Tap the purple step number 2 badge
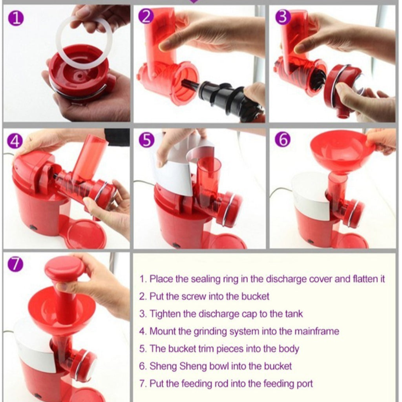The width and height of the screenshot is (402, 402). point(146,17)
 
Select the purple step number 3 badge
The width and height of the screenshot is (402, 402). point(283,17)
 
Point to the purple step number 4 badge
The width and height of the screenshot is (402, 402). point(15,141)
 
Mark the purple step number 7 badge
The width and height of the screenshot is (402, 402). point(15,264)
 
